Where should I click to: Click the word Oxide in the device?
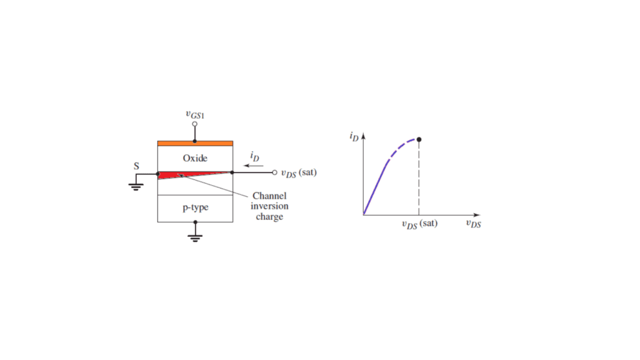click(x=195, y=158)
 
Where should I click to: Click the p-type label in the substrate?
click(x=196, y=207)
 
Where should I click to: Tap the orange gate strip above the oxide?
click(x=195, y=143)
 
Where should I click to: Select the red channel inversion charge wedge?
click(x=179, y=175)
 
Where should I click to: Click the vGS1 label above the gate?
click(x=195, y=115)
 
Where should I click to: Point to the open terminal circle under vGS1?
click(x=195, y=124)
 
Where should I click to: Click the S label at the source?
click(x=136, y=166)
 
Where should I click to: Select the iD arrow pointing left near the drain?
click(x=254, y=165)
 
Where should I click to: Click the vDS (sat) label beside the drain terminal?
click(x=299, y=173)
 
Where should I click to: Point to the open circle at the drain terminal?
click(x=275, y=172)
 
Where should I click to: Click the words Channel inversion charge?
click(x=269, y=206)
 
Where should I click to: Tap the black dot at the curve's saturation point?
click(x=419, y=139)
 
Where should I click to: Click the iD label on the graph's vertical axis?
click(x=354, y=136)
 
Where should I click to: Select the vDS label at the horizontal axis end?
click(x=474, y=224)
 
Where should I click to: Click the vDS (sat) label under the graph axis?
click(x=419, y=224)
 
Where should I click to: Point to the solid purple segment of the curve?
click(x=375, y=189)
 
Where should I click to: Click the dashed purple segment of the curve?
click(x=402, y=147)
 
